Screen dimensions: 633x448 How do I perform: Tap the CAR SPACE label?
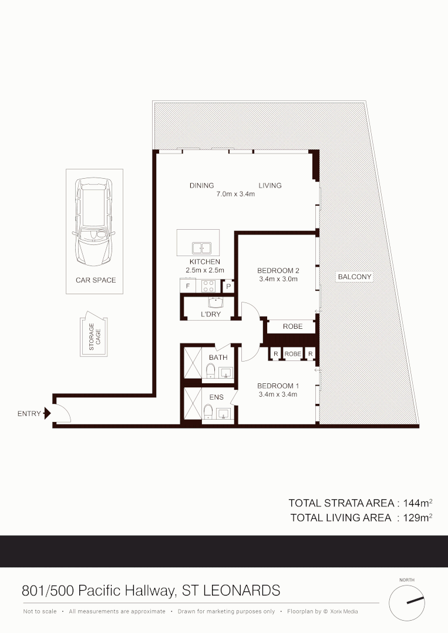(96, 280)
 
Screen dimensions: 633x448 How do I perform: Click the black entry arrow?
(48, 414)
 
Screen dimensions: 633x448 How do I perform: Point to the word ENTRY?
(29, 414)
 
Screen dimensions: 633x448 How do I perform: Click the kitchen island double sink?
(201, 249)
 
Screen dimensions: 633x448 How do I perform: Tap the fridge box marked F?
(187, 287)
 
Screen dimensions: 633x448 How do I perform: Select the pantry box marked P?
(228, 287)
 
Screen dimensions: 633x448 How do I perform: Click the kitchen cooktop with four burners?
(208, 287)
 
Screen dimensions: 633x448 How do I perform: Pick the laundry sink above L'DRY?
(215, 303)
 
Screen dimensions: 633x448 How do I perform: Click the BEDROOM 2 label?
(278, 271)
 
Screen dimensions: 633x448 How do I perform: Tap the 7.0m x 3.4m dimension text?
(235, 194)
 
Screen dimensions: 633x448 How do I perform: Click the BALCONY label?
(355, 277)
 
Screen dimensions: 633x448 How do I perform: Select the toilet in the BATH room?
(210, 370)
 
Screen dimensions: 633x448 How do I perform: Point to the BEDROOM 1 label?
(278, 386)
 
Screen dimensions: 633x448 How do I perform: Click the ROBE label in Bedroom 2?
(292, 326)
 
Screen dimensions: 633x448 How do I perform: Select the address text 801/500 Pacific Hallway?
(98, 590)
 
